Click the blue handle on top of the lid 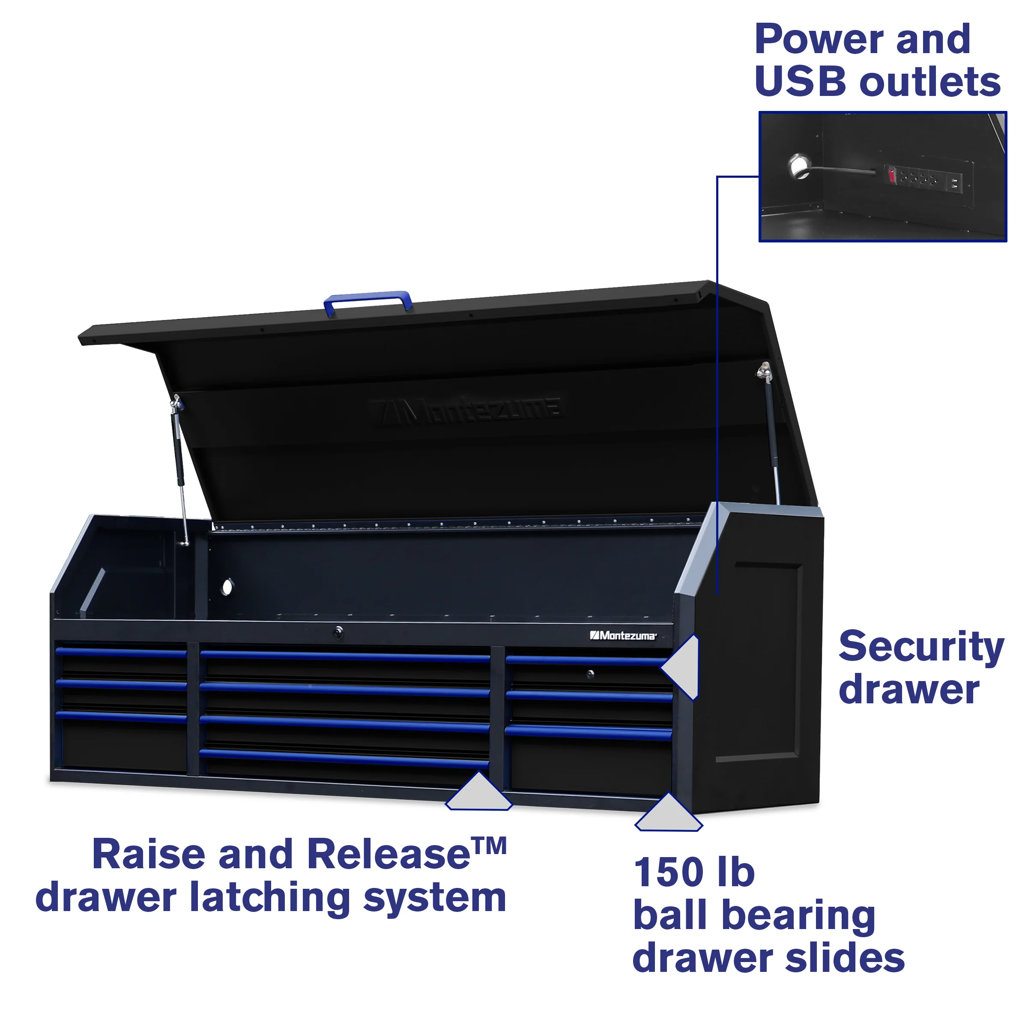coord(368,299)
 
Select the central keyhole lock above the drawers coord(338,632)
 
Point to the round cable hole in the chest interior coord(227,587)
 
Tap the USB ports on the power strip coord(954,183)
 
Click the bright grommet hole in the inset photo coord(798,167)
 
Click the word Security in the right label coord(921,647)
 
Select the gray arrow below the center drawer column coord(478,793)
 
